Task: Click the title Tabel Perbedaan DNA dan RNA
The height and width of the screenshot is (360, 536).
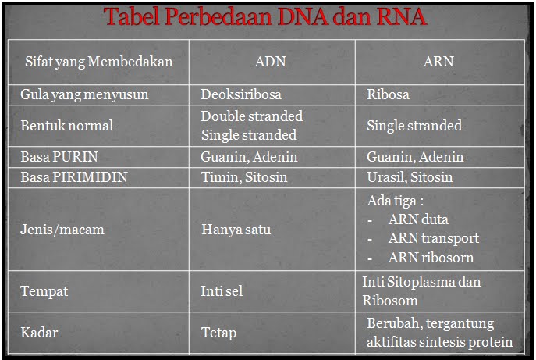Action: pos(267,17)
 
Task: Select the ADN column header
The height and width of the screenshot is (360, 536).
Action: pos(270,62)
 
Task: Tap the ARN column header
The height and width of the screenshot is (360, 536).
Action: pos(438,62)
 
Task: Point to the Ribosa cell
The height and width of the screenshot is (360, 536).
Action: pos(388,94)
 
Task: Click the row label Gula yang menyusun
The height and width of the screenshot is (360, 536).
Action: pos(84,94)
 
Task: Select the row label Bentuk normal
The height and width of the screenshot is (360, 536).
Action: pos(67,125)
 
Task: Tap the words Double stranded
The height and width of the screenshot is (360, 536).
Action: pos(251,116)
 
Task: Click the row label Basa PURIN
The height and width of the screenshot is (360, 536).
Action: pos(59,157)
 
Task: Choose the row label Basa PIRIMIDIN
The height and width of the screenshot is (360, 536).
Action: pos(74,177)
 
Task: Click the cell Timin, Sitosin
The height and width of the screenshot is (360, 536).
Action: pos(244,177)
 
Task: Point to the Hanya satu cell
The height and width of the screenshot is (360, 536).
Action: pos(234,230)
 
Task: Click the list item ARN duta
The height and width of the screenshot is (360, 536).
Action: pos(418,219)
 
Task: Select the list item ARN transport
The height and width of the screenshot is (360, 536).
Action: pos(433,238)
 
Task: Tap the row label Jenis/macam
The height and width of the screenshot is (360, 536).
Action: pos(62,230)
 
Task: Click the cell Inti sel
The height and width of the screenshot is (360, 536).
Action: pos(222,291)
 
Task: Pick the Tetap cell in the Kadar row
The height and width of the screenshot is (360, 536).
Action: pos(218,333)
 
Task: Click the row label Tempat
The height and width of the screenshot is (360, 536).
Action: pos(44,291)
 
